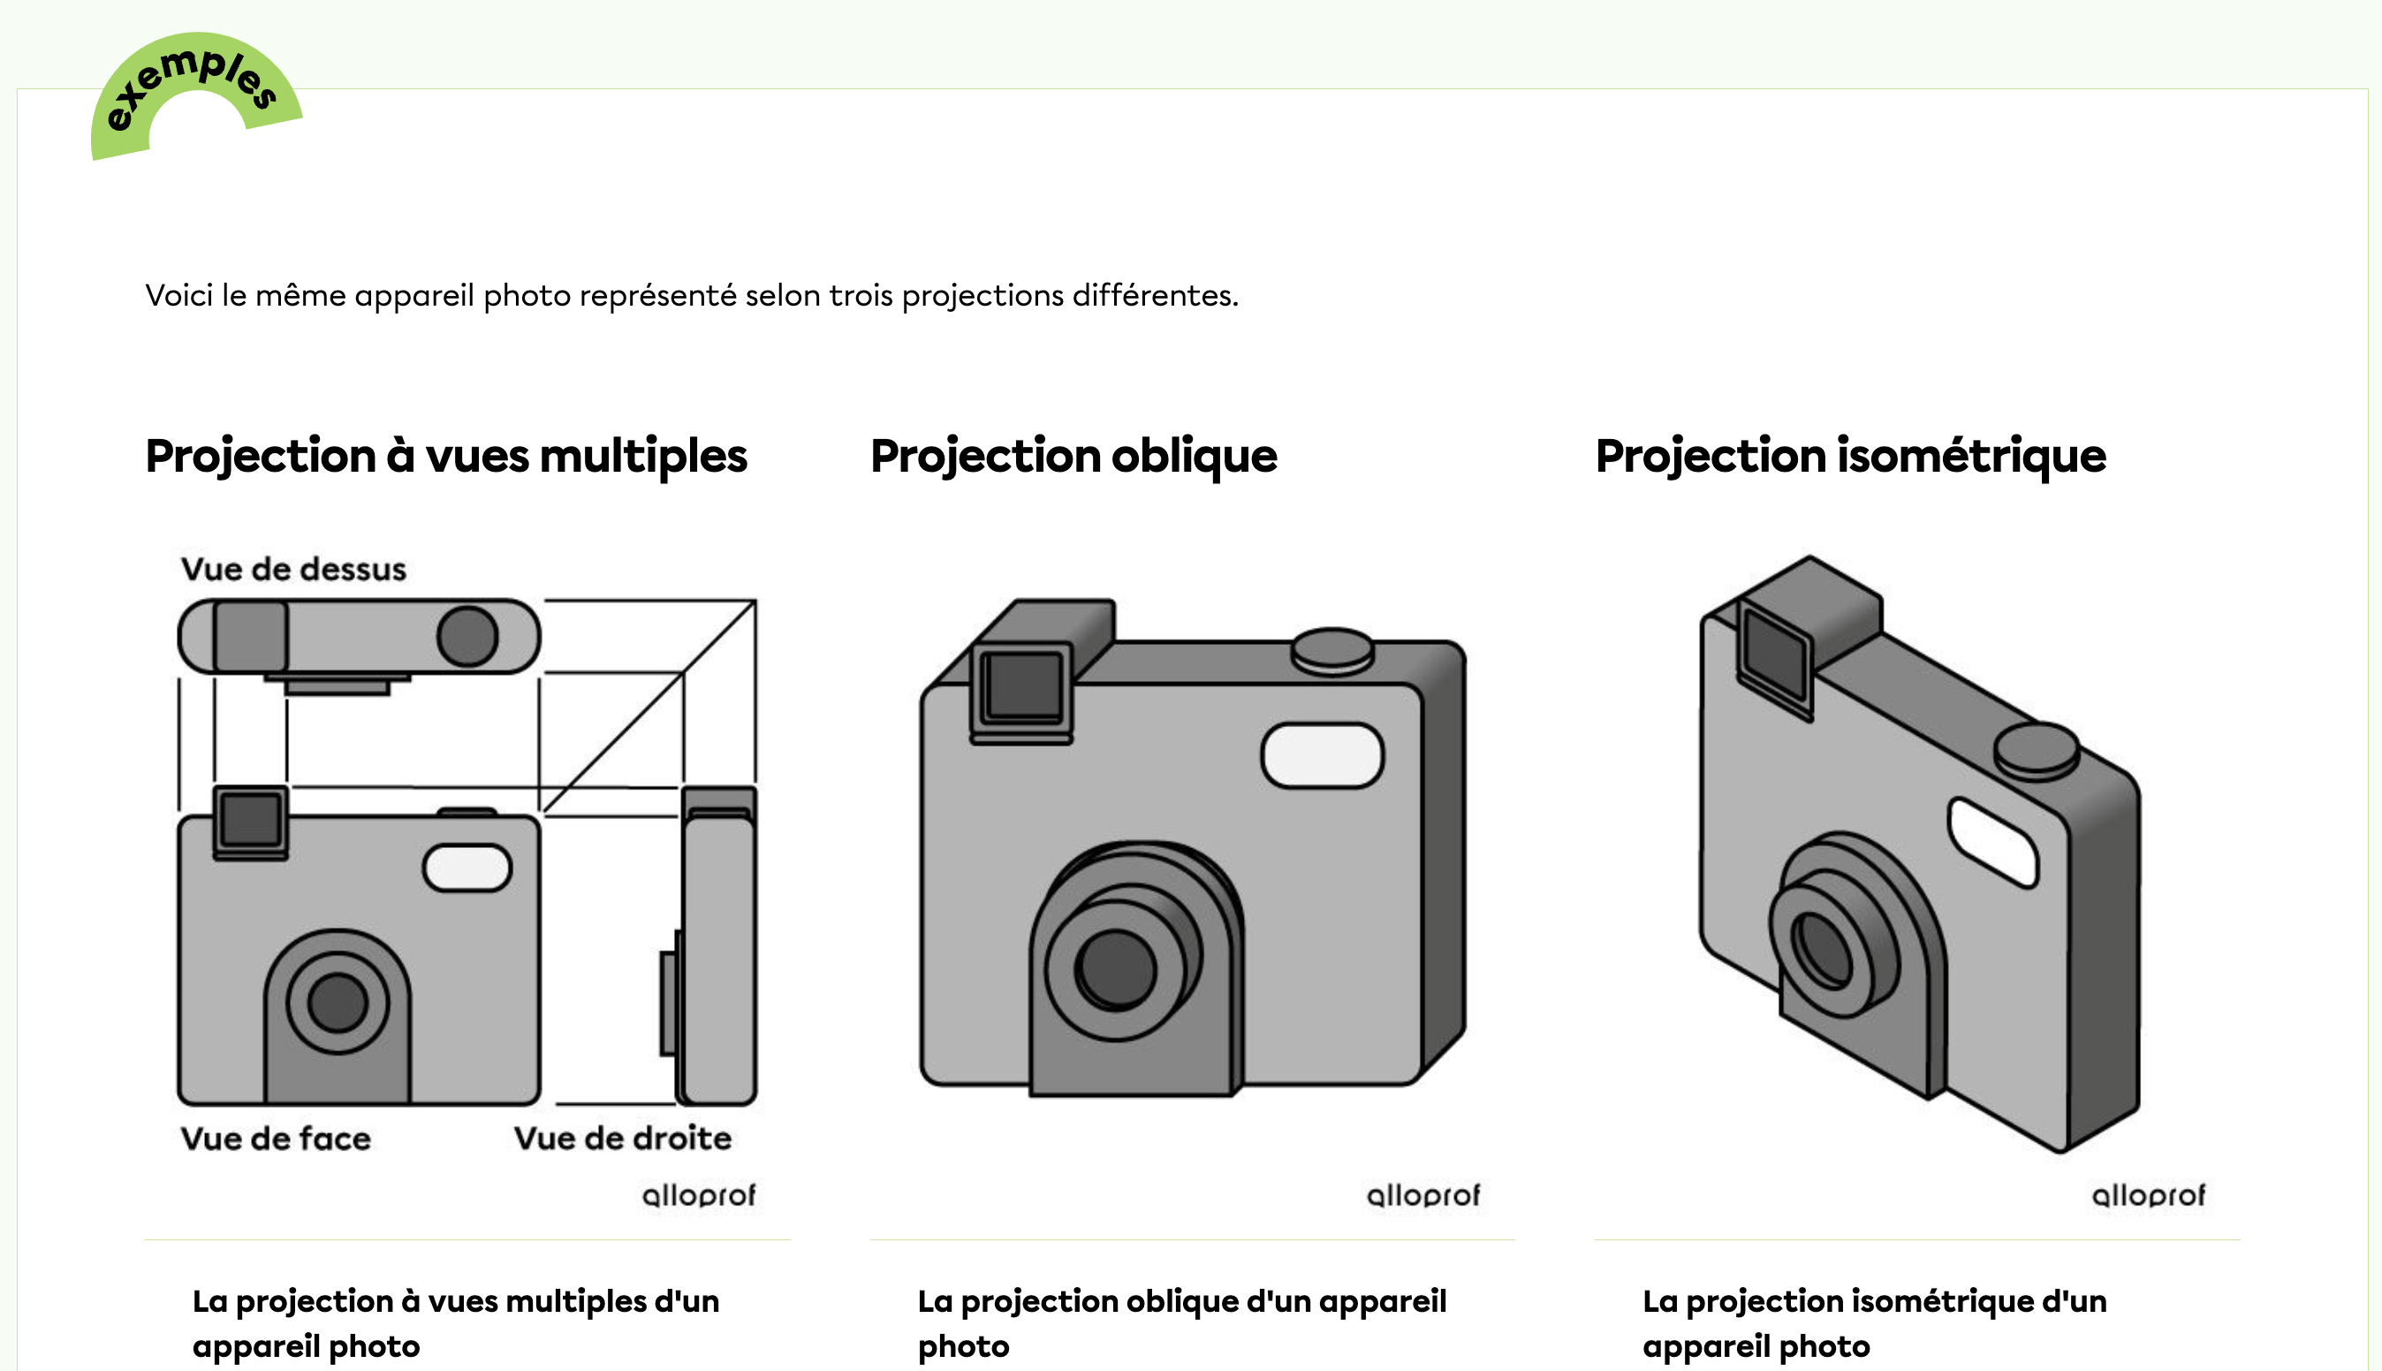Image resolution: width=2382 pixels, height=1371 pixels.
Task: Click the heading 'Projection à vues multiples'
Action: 446,457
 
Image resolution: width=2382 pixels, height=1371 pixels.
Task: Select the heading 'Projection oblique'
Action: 1073,457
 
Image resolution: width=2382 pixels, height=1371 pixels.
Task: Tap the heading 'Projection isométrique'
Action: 1850,457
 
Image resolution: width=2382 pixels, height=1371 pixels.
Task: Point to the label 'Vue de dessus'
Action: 293,570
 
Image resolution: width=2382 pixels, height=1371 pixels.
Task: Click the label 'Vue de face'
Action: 276,1140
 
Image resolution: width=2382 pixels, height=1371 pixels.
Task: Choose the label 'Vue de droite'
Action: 622,1140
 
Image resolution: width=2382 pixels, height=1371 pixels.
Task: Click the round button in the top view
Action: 468,637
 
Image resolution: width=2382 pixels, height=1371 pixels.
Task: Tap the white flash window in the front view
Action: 467,868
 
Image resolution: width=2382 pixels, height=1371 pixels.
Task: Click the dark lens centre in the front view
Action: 337,1003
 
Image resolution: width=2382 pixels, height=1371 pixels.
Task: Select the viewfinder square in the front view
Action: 250,819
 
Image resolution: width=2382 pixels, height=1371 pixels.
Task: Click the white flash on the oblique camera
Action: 1322,754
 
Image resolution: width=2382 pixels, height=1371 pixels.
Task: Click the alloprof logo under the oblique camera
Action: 1423,1196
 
